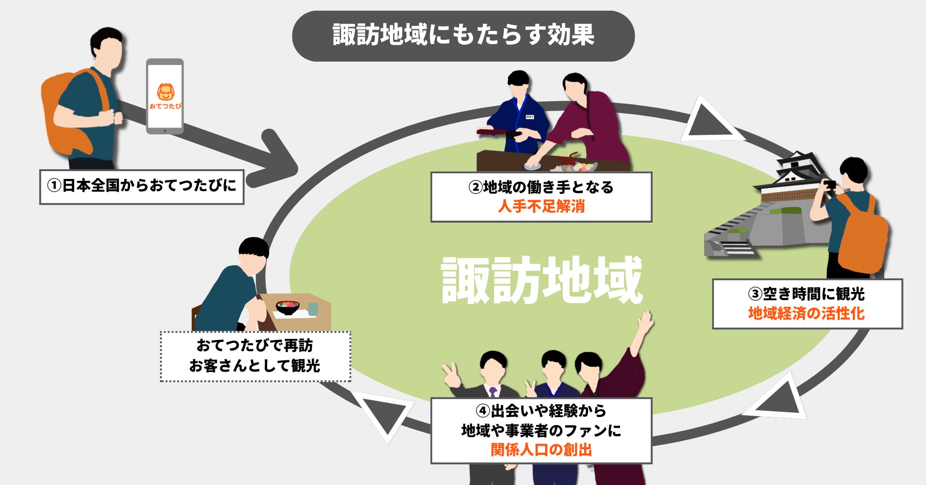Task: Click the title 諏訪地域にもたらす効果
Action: (x=463, y=35)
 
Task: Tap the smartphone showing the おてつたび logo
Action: (x=165, y=97)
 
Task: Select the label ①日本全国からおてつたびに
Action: (x=142, y=186)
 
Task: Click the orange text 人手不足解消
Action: (x=541, y=207)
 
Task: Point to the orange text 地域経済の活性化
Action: (x=806, y=314)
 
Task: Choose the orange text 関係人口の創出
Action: (x=541, y=450)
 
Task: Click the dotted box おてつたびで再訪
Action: (x=255, y=356)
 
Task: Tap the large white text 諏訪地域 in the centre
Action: (x=542, y=280)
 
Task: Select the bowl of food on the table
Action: (x=287, y=307)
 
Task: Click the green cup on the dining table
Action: (x=313, y=308)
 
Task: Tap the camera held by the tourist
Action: (x=830, y=184)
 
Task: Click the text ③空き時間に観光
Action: (x=806, y=294)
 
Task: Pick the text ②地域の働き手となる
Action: (x=541, y=187)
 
